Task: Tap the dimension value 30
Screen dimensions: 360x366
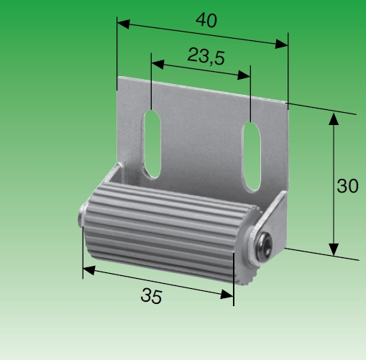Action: [x=348, y=185]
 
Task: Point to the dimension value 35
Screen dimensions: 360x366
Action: [x=151, y=296]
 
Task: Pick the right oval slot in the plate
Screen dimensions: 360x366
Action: [x=251, y=157]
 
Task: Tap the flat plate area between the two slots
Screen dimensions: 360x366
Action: [x=201, y=147]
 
